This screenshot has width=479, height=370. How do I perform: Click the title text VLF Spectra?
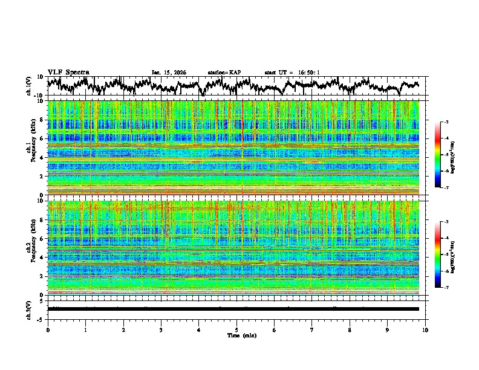(68, 73)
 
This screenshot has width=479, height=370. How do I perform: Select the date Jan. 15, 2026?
(169, 73)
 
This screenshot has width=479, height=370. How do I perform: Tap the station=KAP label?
(224, 73)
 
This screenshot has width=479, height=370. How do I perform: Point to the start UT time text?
(292, 73)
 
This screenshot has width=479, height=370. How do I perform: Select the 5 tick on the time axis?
(236, 329)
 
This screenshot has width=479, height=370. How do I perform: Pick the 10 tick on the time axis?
(425, 329)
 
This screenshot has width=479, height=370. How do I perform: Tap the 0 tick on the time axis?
(48, 329)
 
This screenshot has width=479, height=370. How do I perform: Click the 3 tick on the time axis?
(161, 329)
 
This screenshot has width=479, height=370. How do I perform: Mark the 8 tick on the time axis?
(350, 329)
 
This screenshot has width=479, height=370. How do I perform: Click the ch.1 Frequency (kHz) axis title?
(30, 148)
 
